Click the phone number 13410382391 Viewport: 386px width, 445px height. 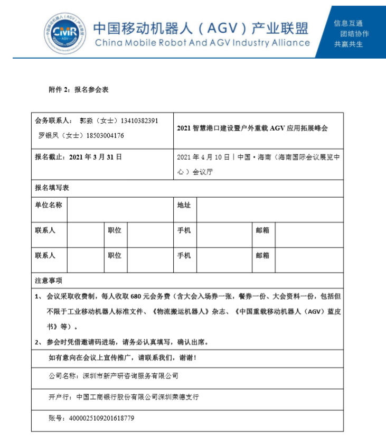coord(139,121)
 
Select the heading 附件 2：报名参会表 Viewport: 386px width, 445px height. coord(79,90)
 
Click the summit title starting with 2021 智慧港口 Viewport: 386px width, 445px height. coord(252,128)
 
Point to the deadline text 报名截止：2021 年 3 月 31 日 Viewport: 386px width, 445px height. coord(78,157)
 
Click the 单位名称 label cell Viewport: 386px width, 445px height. coord(49,205)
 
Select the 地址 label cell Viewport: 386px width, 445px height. coord(184,205)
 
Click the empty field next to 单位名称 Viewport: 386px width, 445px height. coord(120,210)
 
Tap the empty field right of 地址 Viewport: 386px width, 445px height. coord(269,210)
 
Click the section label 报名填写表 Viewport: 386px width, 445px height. coord(52,188)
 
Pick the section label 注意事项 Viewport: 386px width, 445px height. coord(49,281)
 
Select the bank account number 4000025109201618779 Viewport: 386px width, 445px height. coord(101,418)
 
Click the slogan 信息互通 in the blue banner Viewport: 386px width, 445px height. coord(348,23)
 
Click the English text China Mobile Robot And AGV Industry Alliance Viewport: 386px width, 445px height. coord(202,43)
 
